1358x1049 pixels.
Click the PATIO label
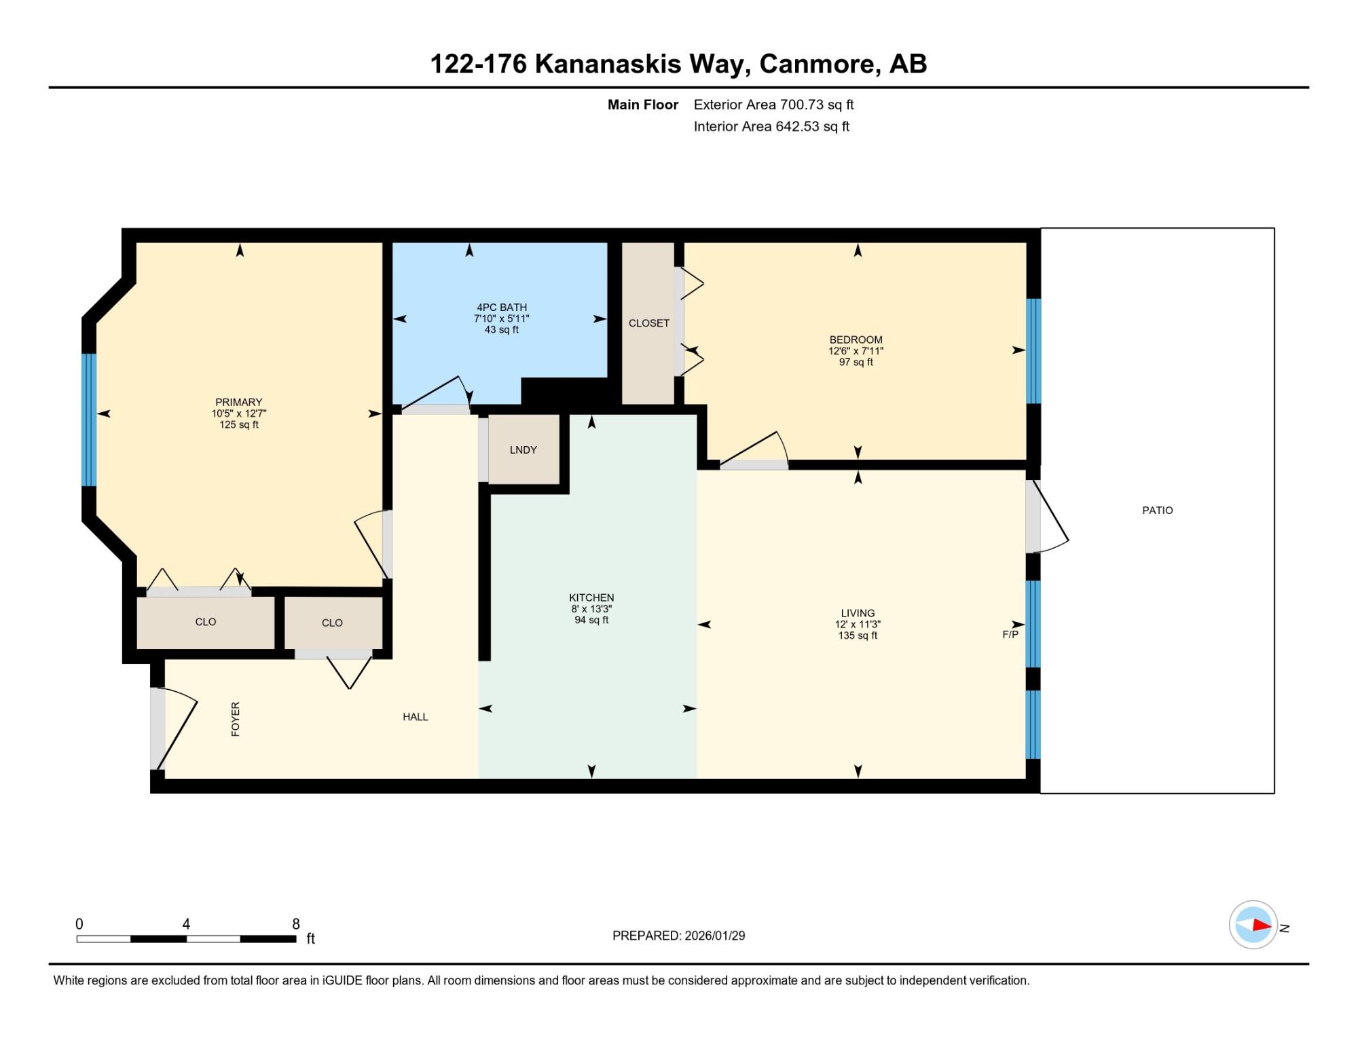[1157, 511]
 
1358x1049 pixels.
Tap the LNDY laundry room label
[524, 450]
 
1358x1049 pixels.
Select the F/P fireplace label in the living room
[1010, 635]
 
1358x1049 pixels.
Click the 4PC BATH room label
[502, 308]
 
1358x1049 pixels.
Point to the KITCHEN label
[591, 598]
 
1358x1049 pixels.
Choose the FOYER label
[236, 719]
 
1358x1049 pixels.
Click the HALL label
[416, 717]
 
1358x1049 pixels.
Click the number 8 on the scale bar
[296, 924]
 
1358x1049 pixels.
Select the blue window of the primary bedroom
[89, 420]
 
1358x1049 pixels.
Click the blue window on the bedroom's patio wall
[1033, 351]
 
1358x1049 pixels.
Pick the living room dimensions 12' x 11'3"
[858, 625]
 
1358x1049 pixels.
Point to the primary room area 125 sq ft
[239, 425]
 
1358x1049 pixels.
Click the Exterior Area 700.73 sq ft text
[773, 105]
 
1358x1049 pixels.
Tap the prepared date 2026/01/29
[715, 936]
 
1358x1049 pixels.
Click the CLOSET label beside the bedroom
[649, 323]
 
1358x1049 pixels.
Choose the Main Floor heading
[643, 105]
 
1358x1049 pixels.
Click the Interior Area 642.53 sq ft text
[771, 127]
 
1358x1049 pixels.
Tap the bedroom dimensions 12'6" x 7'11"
[856, 351]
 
